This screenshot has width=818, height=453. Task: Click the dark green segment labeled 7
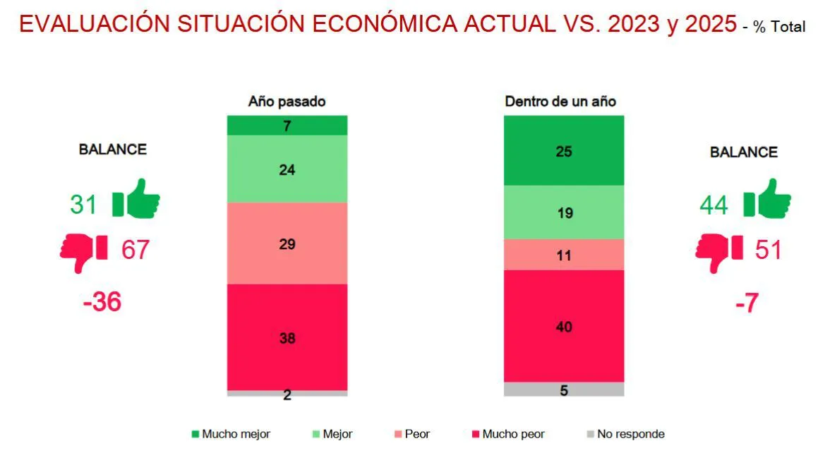pos(287,125)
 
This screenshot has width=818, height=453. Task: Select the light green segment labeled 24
pos(287,169)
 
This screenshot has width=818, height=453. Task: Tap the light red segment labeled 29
pos(287,243)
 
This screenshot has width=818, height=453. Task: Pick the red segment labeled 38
pos(287,337)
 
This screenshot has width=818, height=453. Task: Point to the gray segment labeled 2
pos(287,393)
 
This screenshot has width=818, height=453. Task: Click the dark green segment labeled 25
pos(563,150)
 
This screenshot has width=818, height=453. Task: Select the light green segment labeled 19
pos(563,212)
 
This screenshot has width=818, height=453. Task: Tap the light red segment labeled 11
pos(563,254)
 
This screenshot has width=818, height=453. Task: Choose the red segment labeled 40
pos(563,326)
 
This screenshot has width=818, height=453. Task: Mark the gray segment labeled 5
pos(563,389)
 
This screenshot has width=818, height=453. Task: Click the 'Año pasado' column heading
pos(287,102)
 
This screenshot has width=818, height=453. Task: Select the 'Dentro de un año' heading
pos(560,102)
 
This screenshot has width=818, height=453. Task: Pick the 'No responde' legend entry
pos(625,434)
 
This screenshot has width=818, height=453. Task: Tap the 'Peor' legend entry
pos(411,434)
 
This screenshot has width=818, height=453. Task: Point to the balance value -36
pos(102,302)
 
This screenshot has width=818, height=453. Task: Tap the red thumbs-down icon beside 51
pos(718,251)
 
